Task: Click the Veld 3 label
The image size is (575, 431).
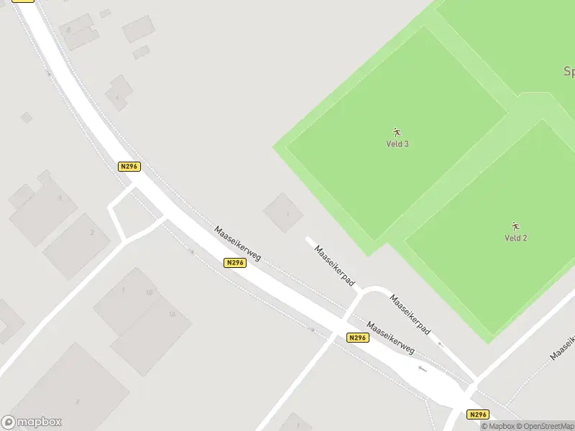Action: pyautogui.click(x=397, y=144)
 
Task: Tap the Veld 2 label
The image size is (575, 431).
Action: pyautogui.click(x=515, y=238)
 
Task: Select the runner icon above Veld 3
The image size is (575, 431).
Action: pyautogui.click(x=397, y=132)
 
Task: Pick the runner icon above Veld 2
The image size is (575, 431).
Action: pyautogui.click(x=515, y=226)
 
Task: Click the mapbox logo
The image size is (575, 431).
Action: pyautogui.click(x=32, y=422)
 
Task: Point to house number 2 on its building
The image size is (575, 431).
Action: pyautogui.click(x=92, y=232)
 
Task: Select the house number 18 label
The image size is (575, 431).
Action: pyautogui.click(x=149, y=292)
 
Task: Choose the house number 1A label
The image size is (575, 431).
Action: pyautogui.click(x=171, y=314)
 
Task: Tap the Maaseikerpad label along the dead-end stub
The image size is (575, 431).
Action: pyautogui.click(x=335, y=264)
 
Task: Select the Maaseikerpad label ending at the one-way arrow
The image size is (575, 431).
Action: pyautogui.click(x=410, y=314)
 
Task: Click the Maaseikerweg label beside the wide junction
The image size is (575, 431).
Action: pyautogui.click(x=390, y=337)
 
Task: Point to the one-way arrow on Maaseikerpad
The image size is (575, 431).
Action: pyautogui.click(x=440, y=345)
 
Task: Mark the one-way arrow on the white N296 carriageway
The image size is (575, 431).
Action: pyautogui.click(x=422, y=370)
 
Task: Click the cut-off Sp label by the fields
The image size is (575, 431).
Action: pyautogui.click(x=569, y=72)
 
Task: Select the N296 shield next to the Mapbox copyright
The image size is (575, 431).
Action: pyautogui.click(x=477, y=414)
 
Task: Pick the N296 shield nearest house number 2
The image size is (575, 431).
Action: pyautogui.click(x=129, y=166)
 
